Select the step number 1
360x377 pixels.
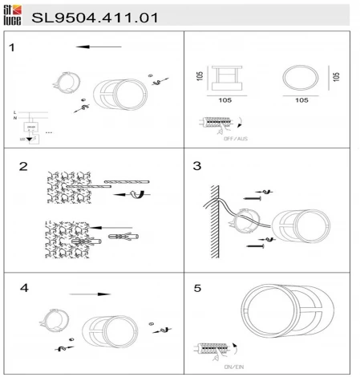pyautogui.click(x=12, y=47)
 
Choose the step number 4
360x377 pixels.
pyautogui.click(x=24, y=286)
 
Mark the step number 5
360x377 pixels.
pyautogui.click(x=197, y=286)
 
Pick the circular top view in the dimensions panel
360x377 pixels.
pyautogui.click(x=300, y=80)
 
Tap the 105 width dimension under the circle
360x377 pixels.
pyautogui.click(x=301, y=102)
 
